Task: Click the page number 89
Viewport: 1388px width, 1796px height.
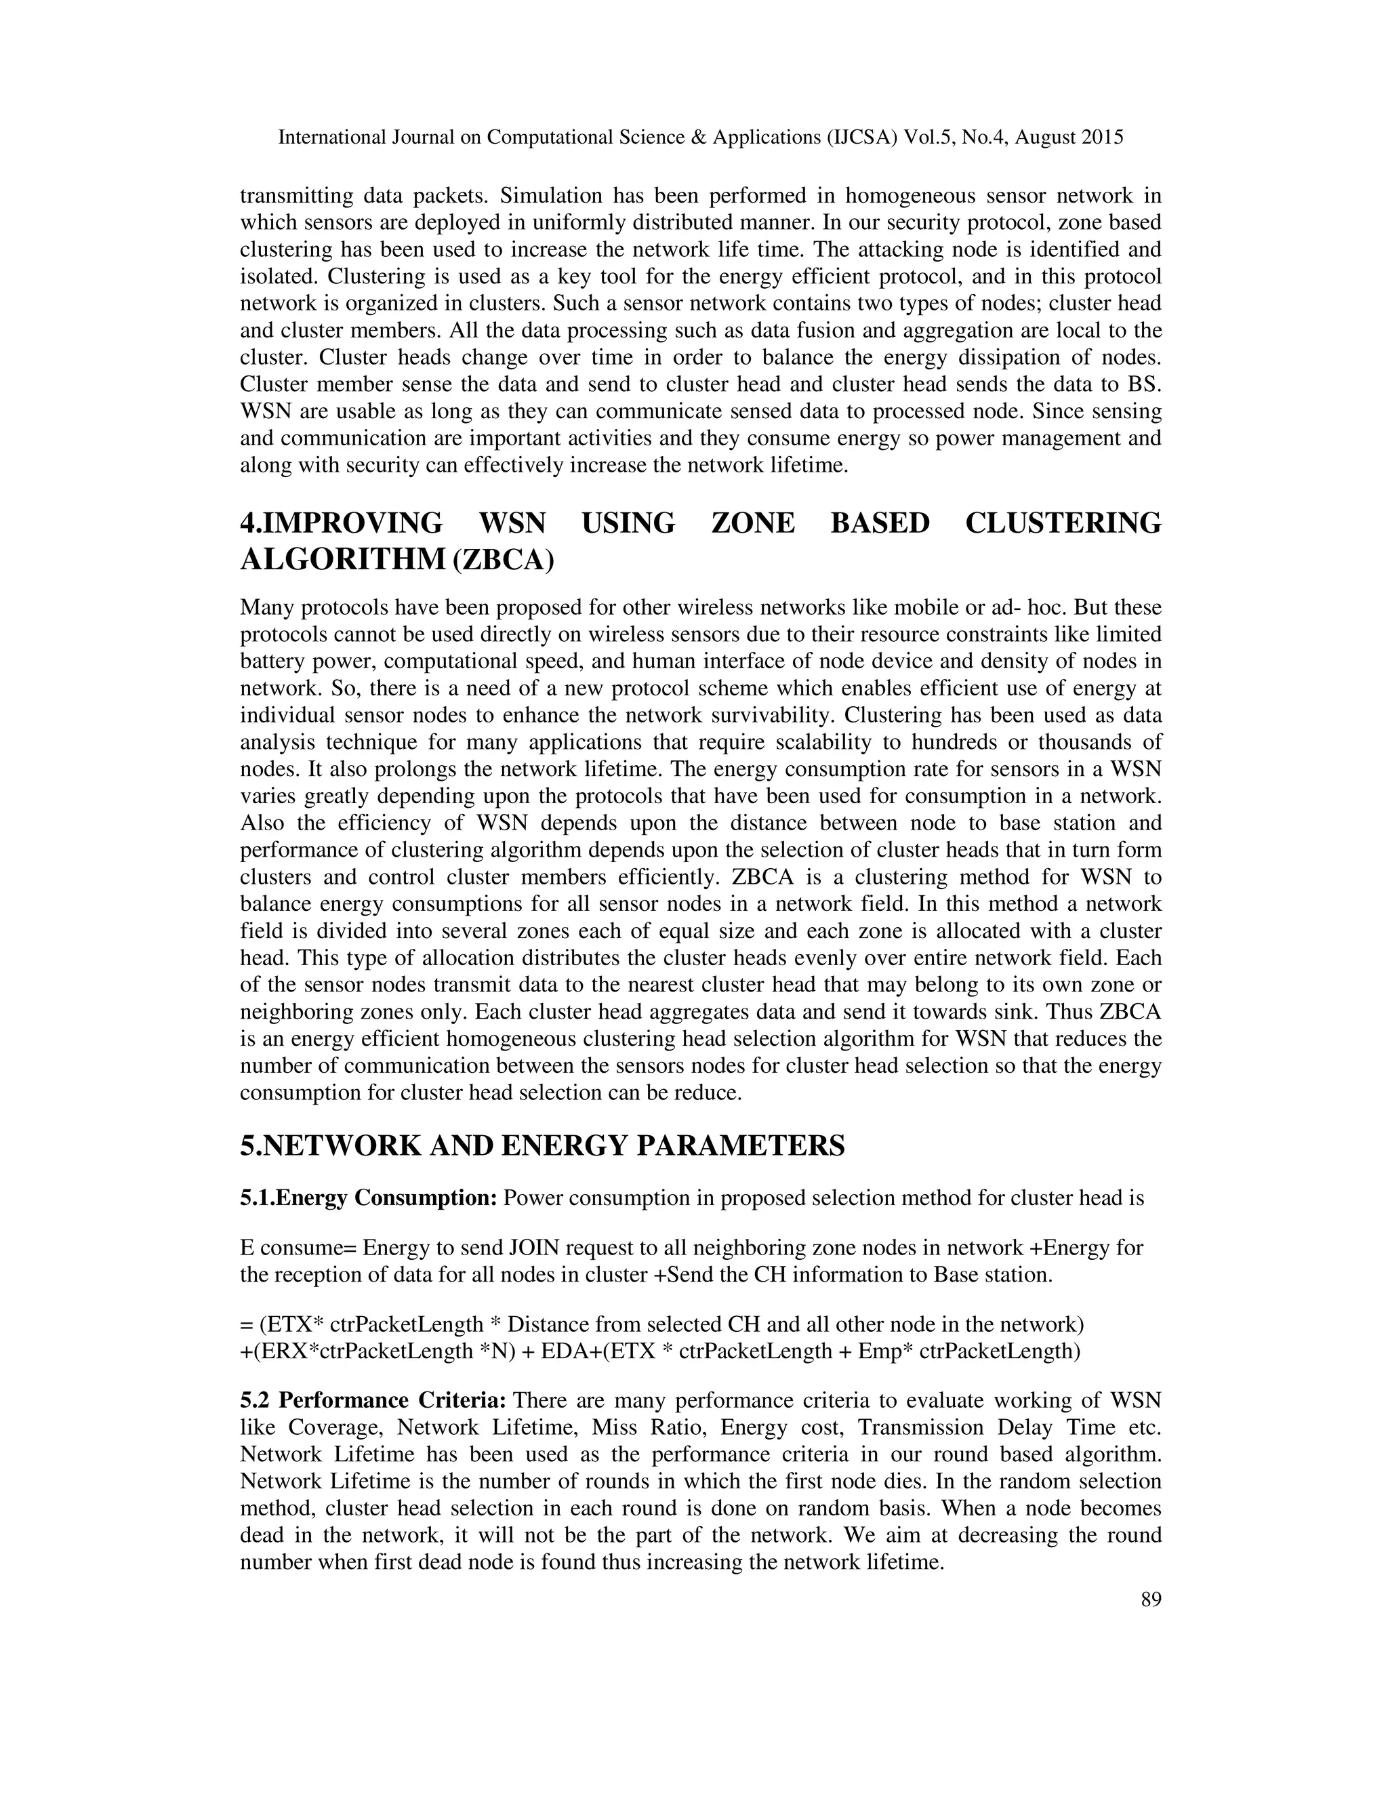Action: tap(1150, 1599)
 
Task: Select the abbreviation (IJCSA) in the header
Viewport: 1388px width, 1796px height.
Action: tap(861, 138)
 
